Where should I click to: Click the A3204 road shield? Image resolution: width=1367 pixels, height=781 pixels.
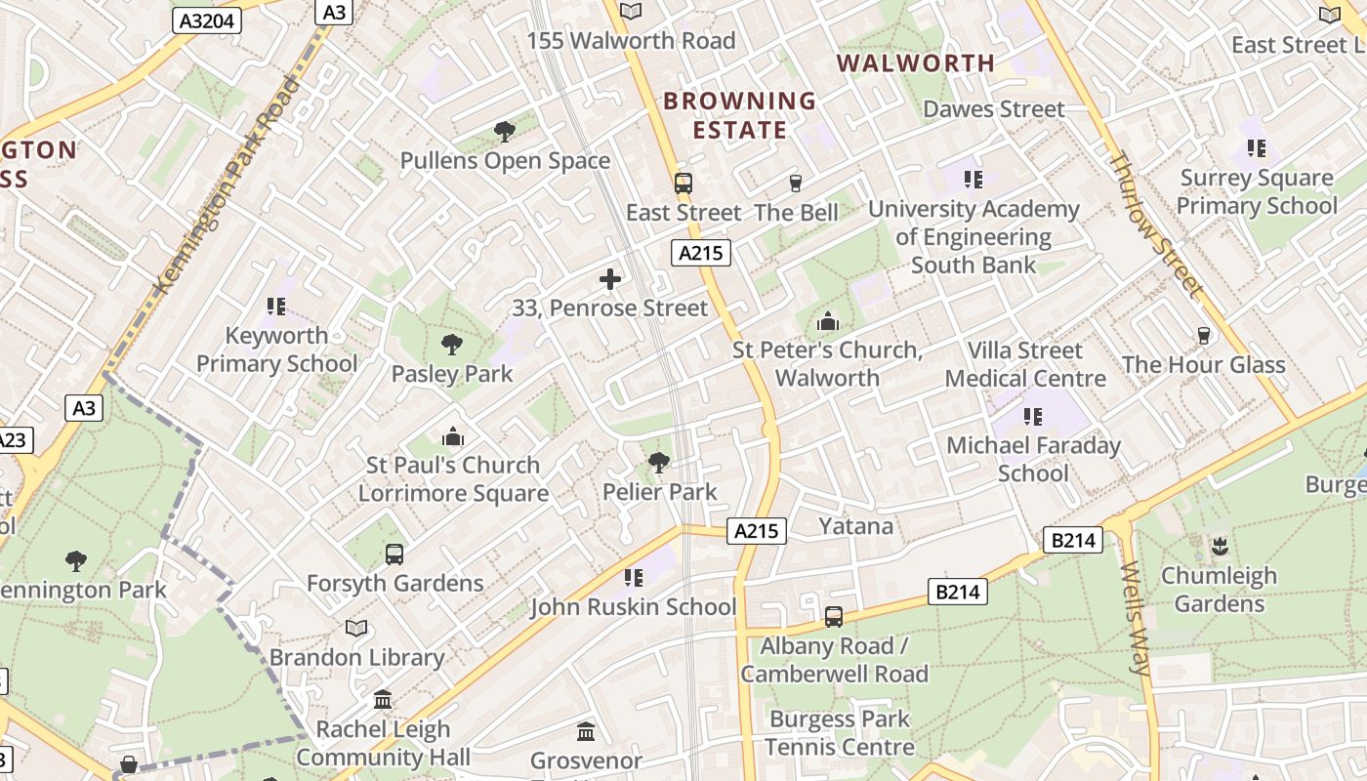click(x=206, y=20)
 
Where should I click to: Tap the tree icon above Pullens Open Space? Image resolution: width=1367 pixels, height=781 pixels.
click(x=504, y=132)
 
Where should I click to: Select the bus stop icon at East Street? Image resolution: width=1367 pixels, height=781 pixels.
click(x=683, y=183)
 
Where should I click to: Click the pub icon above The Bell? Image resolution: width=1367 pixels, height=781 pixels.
click(x=796, y=183)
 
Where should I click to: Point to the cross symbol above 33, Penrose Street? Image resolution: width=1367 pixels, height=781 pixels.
click(x=610, y=280)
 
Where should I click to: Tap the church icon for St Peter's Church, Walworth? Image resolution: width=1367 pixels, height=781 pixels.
click(x=827, y=320)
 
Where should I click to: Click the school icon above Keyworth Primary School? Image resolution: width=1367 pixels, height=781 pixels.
click(x=276, y=307)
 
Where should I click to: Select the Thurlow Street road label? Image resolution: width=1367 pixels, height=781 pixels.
click(x=1155, y=224)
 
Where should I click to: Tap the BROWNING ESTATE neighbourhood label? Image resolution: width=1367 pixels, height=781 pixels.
click(x=739, y=115)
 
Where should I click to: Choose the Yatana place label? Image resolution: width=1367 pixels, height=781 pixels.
click(x=855, y=526)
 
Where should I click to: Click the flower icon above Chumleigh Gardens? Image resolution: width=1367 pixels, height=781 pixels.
click(x=1219, y=546)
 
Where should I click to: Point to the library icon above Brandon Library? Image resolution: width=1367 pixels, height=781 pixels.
click(x=356, y=628)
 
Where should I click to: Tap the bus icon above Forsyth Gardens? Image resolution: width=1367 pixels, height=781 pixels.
click(x=394, y=555)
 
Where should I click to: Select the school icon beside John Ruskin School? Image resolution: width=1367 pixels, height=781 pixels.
click(x=634, y=578)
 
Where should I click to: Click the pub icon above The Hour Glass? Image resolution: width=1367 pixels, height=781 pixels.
click(x=1203, y=336)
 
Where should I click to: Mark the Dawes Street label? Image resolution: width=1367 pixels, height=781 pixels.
click(x=993, y=108)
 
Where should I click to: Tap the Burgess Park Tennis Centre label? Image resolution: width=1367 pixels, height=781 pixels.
click(x=839, y=733)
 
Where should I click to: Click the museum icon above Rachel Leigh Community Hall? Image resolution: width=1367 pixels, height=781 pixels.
click(x=383, y=700)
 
